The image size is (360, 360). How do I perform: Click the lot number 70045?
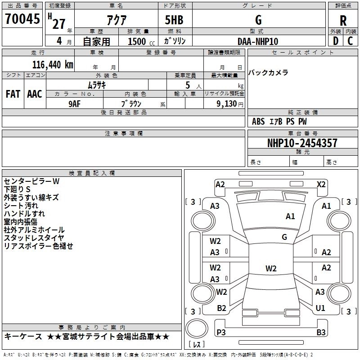pos(22,18)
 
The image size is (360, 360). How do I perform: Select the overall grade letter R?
pos(343,21)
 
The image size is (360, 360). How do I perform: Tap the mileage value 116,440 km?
pos(53,65)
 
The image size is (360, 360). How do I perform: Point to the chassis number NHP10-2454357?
pos(302,143)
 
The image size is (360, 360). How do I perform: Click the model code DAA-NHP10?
pos(258,41)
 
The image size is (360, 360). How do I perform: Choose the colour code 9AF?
pos(75,104)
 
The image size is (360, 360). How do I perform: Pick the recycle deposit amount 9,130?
pos(227,104)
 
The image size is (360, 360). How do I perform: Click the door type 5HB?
pos(174,20)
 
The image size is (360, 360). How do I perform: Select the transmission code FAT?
pos(13,94)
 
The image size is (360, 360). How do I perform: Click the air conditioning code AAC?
pos(35,94)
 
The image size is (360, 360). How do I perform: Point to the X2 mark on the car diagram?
pos(321,184)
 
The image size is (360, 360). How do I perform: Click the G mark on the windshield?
pos(284,237)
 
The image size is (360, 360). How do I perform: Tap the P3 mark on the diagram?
pos(221,332)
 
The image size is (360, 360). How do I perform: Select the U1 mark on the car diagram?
pos(320,308)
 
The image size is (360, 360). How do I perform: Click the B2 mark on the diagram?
pos(221,308)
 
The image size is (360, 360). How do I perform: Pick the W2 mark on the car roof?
pos(271,268)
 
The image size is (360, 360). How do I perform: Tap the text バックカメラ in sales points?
pos(268,72)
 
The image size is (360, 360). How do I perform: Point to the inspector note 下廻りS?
pos(17,189)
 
